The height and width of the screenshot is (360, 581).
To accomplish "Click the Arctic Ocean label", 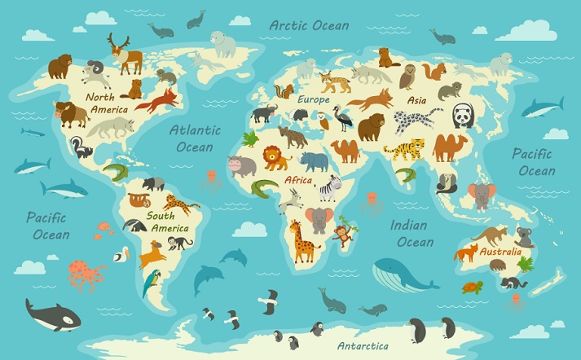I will click(310, 25).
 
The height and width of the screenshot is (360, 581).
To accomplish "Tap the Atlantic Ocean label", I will click(195, 138).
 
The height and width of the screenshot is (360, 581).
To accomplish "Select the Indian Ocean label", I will click(411, 233).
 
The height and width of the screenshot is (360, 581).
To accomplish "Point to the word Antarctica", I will click(363, 345).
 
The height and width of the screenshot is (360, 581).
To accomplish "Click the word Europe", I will click(313, 99).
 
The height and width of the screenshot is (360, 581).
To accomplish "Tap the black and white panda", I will click(462, 116).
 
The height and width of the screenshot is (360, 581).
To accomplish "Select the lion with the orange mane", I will click(275, 157).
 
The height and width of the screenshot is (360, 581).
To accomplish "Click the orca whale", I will click(51, 314).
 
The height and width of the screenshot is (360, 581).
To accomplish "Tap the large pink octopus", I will click(86, 274).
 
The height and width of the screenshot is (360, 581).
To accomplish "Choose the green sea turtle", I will click(473, 287).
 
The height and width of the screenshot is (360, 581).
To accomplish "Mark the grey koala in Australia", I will click(523, 237).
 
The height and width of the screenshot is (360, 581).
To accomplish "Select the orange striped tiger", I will click(405, 149).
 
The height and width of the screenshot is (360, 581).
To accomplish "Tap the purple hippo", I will click(241, 166).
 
